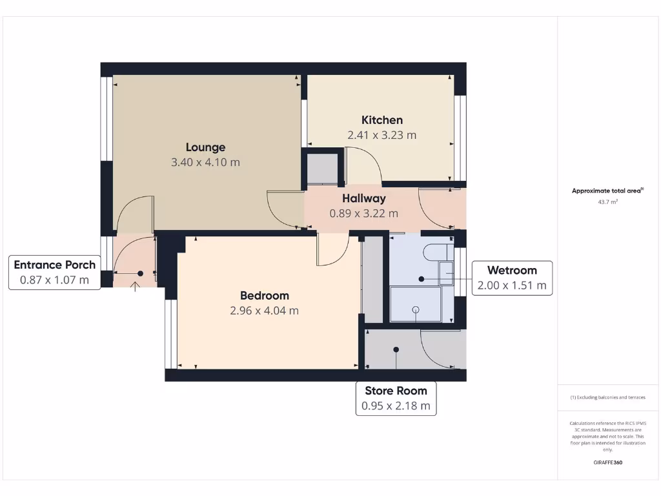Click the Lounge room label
click(x=205, y=147)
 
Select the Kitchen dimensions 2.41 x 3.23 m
click(x=381, y=135)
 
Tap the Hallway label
click(x=363, y=198)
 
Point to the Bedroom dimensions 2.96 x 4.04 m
click(x=264, y=310)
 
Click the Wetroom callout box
click(x=511, y=278)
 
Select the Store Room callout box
click(x=396, y=398)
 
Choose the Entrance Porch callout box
click(x=55, y=273)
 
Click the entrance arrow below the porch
click(x=135, y=286)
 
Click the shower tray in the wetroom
click(x=416, y=304)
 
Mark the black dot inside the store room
click(x=396, y=349)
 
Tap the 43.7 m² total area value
click(x=607, y=202)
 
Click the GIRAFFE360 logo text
click(x=607, y=462)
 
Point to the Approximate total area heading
click(x=607, y=191)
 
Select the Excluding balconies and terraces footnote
click(x=607, y=397)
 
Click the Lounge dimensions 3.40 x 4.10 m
click(x=205, y=162)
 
